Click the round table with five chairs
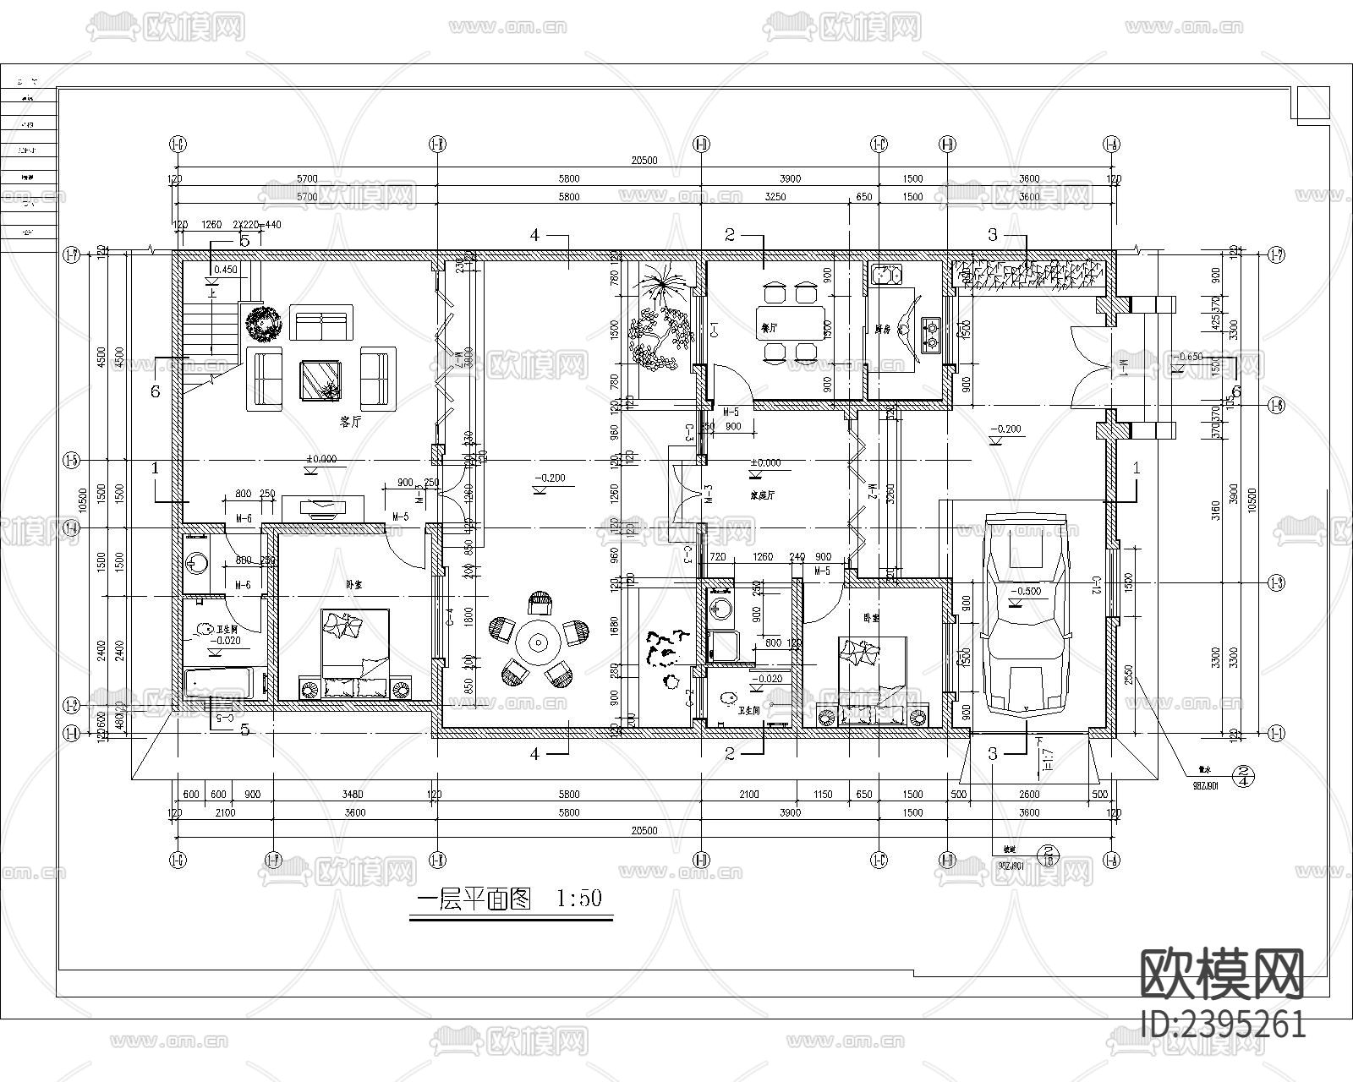[x=538, y=642]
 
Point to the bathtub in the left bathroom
[x=217, y=683]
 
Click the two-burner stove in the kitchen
[x=931, y=333]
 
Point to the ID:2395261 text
[x=1223, y=1025]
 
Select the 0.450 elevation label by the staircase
[x=224, y=270]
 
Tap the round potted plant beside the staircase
[x=263, y=324]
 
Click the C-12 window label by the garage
[x=1094, y=586]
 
